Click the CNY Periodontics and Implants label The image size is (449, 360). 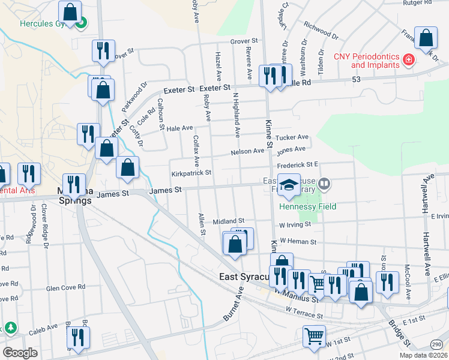point(367,61)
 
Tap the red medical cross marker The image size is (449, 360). point(409,59)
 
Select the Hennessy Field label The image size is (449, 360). point(308,206)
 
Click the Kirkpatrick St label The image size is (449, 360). point(191,173)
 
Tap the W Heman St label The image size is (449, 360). point(298,241)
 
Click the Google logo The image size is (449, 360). point(20,352)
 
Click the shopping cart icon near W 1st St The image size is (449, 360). point(313,337)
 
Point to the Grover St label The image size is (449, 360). point(244,41)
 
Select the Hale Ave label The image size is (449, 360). point(179,128)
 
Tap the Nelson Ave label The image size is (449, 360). point(247,152)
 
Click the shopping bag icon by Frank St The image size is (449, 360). point(426,39)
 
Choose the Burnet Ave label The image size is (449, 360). point(235,305)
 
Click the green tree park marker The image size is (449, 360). point(10,328)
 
